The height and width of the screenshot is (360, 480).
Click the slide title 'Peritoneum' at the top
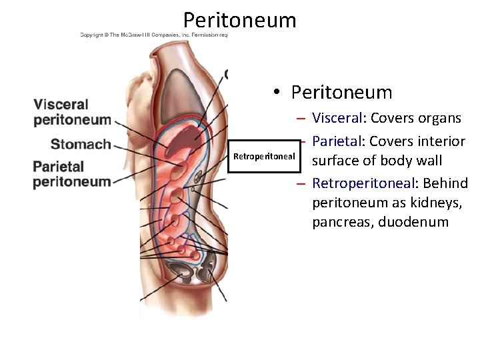[239, 20]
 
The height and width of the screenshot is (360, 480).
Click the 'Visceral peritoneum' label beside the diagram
[72, 112]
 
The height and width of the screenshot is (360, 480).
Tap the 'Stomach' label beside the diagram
[81, 144]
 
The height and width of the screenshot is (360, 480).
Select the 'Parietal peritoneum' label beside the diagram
[72, 174]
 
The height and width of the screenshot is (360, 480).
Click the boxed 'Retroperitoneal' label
[264, 156]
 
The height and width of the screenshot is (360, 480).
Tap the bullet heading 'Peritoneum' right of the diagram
[342, 92]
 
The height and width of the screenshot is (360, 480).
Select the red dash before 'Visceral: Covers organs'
[301, 119]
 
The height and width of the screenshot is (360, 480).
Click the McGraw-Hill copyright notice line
[153, 34]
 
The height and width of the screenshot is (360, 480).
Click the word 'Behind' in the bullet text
[445, 183]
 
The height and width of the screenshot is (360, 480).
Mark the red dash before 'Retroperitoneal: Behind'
[301, 183]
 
